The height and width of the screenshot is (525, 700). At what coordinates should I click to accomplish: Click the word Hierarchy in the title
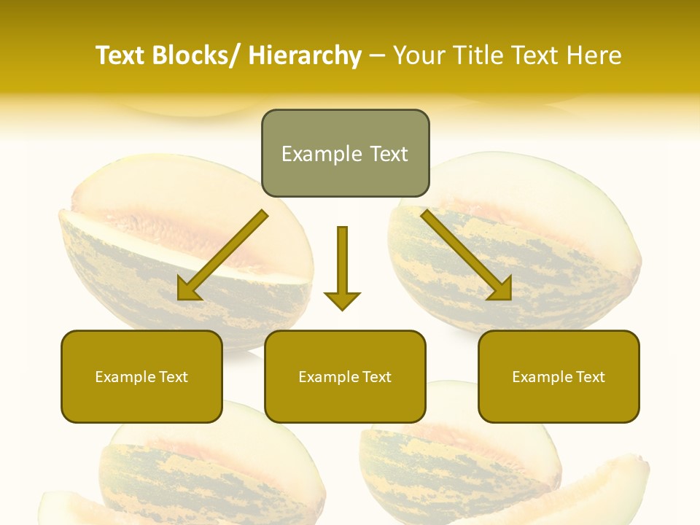point(305,55)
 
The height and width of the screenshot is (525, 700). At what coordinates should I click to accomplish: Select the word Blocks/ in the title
point(193,55)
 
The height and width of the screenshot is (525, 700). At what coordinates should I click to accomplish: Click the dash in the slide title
point(377,55)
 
